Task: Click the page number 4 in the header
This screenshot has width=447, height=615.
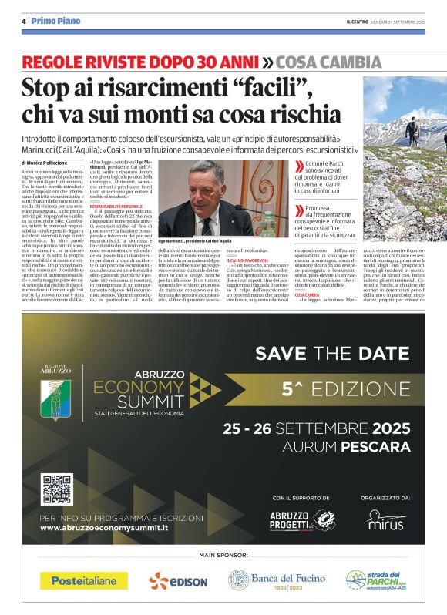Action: coord(24,21)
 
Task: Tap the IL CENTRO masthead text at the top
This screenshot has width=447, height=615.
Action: coord(358,22)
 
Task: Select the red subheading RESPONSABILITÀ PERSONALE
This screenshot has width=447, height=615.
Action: coord(116,207)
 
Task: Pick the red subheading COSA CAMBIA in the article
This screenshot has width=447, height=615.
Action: coord(307,295)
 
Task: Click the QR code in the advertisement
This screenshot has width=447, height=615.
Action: coord(57,489)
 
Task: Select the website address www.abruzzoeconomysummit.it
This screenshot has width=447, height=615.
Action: coord(105,528)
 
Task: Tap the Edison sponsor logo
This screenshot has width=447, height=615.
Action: coord(179,580)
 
